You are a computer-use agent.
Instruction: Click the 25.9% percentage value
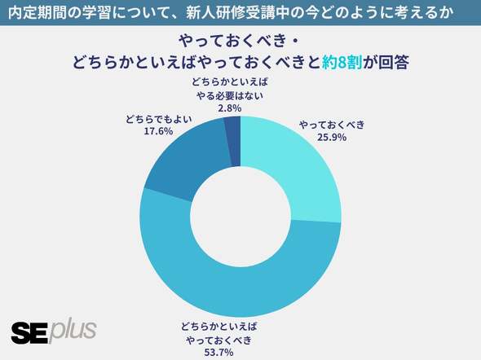(x=332, y=138)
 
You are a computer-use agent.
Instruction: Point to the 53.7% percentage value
(x=218, y=353)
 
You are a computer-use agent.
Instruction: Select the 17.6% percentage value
(x=158, y=131)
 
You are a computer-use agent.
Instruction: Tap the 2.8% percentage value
(x=230, y=108)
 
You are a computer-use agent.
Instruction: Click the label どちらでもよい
(x=159, y=119)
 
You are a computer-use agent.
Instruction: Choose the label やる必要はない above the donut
(x=230, y=95)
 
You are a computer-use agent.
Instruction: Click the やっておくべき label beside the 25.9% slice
(x=332, y=125)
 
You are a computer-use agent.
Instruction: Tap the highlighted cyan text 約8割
(x=342, y=62)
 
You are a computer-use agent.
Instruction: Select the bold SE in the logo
(x=29, y=333)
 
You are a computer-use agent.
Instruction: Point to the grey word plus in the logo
(x=73, y=331)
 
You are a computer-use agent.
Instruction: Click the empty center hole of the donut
(x=240, y=217)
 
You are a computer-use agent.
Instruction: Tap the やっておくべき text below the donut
(x=218, y=340)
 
